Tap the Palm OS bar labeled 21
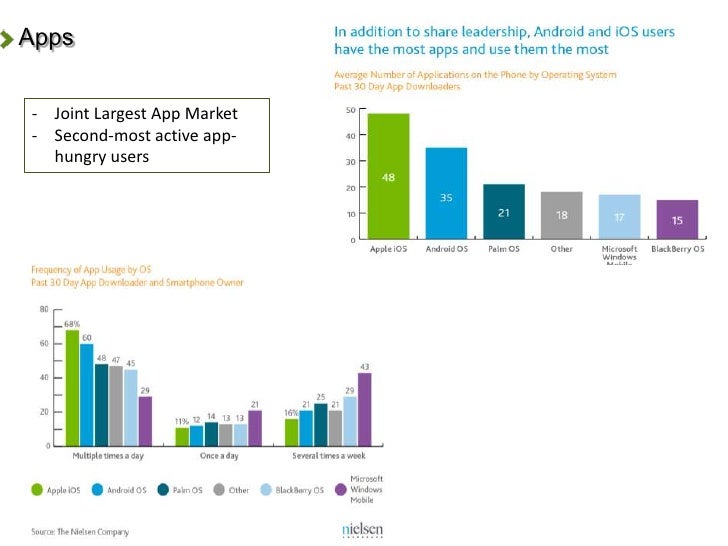(504, 211)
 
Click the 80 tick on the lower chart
(44, 310)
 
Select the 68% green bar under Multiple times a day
(72, 387)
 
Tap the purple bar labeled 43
(364, 409)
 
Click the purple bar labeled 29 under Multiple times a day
(146, 420)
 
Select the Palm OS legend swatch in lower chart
(165, 490)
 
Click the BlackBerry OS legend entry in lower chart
(294, 490)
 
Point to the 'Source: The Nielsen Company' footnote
(80, 532)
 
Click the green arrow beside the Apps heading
(9, 40)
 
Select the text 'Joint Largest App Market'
(146, 114)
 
